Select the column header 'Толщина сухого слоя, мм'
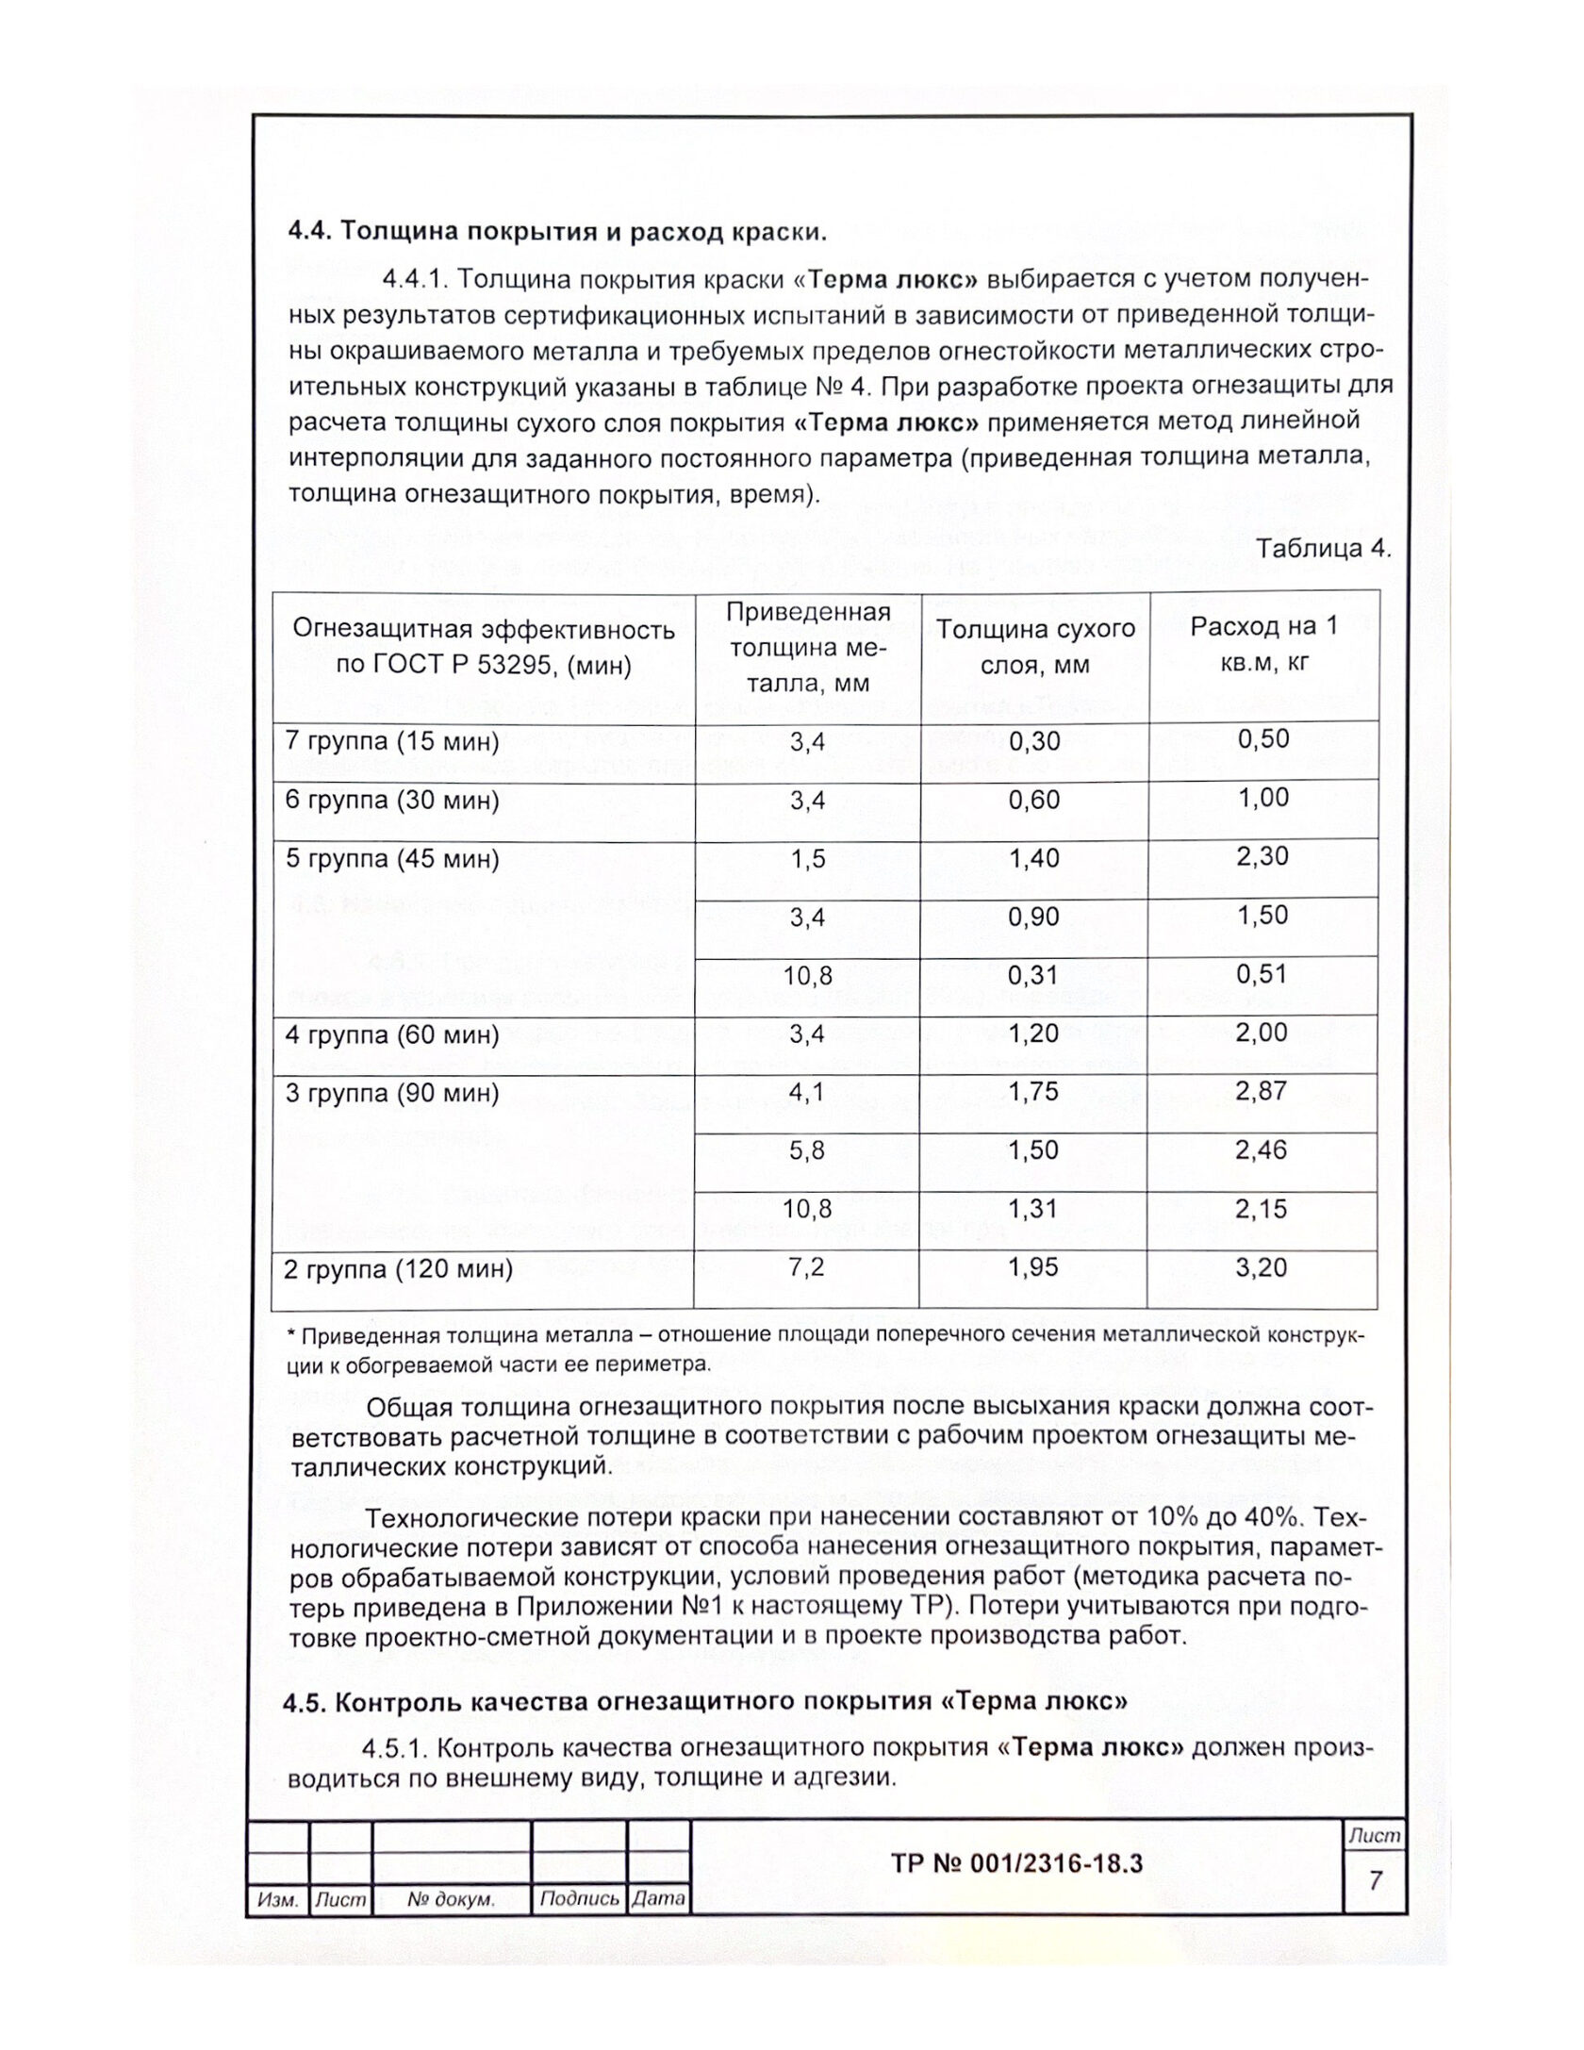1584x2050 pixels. (1034, 647)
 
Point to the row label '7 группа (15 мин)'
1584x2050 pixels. (391, 742)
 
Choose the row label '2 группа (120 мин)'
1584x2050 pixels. (398, 1269)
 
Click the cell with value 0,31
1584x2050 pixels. (1034, 975)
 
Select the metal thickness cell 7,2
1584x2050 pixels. (806, 1267)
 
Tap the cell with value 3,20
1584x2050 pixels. (1262, 1267)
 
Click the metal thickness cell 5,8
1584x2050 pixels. (806, 1150)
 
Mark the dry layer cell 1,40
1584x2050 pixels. (1034, 858)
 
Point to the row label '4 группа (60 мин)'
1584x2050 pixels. (391, 1035)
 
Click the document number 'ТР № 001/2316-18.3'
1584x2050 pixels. (1016, 1863)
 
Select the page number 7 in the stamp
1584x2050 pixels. (1376, 1880)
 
